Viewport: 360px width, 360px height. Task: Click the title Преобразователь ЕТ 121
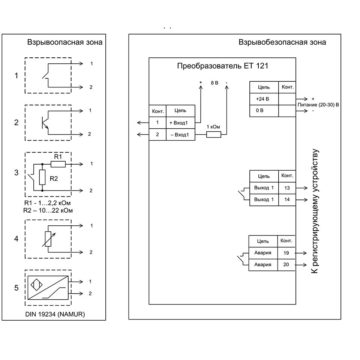click(222, 66)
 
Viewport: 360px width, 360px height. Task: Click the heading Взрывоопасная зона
click(64, 42)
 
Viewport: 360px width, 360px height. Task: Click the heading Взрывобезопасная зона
click(282, 42)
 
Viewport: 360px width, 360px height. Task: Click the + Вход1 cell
click(180, 123)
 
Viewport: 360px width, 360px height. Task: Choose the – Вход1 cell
click(180, 135)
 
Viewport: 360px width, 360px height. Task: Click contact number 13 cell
click(287, 187)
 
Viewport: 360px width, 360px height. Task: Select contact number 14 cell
click(287, 199)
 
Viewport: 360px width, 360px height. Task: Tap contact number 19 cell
click(286, 253)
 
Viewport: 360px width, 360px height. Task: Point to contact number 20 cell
click(286, 265)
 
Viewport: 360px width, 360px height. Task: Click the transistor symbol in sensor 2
click(44, 122)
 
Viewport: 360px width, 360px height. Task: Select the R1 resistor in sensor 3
click(58, 164)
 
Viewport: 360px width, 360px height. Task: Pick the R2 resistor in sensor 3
click(42, 177)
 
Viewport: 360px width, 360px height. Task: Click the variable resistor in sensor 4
click(48, 239)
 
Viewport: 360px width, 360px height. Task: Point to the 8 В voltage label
click(214, 83)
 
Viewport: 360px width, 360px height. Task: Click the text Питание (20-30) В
click(318, 105)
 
